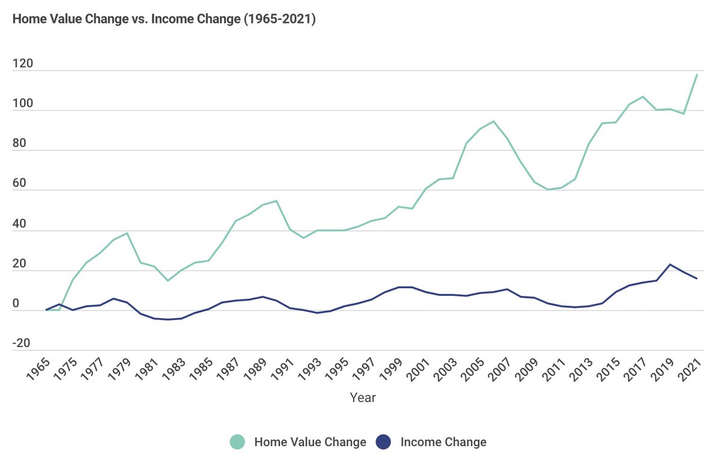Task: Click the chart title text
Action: click(164, 19)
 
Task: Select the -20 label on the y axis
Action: click(22, 343)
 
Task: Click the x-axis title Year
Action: click(363, 398)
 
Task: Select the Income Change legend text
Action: click(443, 442)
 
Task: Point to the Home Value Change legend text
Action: click(310, 442)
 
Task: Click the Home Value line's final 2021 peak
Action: click(697, 74)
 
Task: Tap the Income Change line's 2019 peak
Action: click(670, 264)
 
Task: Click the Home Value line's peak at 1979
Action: click(127, 233)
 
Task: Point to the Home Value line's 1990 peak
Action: click(276, 201)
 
